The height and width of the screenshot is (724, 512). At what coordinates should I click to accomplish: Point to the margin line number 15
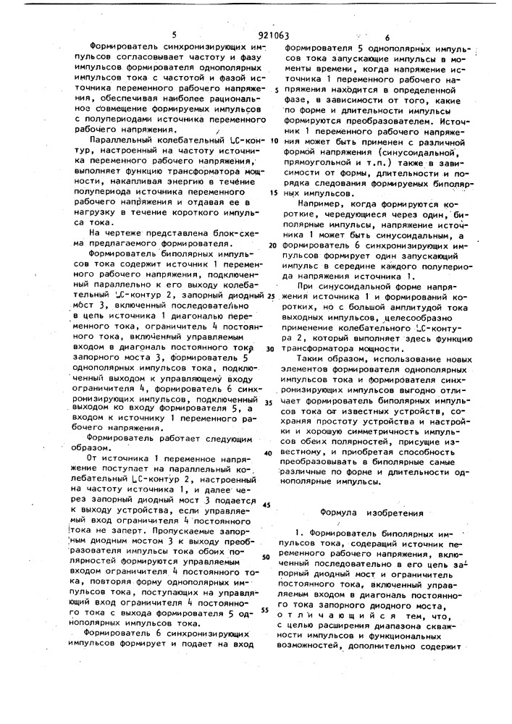coord(274,193)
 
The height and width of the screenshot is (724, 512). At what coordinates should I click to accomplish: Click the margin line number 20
coord(272,245)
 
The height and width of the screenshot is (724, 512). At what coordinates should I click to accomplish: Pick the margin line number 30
coord(271,348)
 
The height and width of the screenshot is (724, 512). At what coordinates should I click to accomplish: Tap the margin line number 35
coord(269,401)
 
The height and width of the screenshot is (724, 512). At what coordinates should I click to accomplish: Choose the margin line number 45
coord(267,505)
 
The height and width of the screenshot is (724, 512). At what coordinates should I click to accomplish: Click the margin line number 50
coord(266,557)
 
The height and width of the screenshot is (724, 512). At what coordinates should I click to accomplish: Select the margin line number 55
coord(265,610)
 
